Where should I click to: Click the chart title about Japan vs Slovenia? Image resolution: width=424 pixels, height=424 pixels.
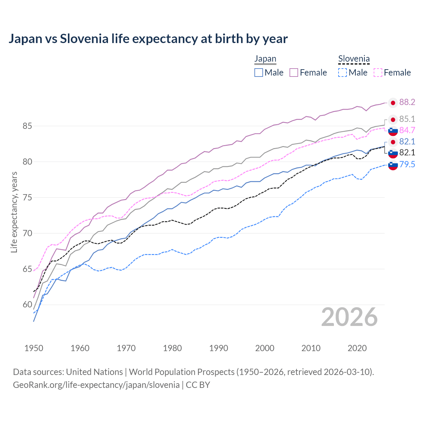pyautogui.click(x=148, y=39)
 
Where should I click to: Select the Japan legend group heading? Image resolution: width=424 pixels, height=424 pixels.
pyautogui.click(x=265, y=59)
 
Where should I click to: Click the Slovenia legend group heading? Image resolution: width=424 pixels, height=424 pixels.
pyautogui.click(x=354, y=59)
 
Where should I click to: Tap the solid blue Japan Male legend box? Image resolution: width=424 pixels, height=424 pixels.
pyautogui.click(x=259, y=73)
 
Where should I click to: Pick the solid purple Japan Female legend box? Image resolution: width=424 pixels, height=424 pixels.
pyautogui.click(x=294, y=73)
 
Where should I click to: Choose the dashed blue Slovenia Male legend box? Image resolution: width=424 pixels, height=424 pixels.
pyautogui.click(x=343, y=73)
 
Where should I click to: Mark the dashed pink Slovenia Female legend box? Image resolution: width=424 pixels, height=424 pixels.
pyautogui.click(x=378, y=73)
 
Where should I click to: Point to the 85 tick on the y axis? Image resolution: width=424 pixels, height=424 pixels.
pyautogui.click(x=27, y=126)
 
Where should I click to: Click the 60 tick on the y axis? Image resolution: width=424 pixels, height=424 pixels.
pyautogui.click(x=27, y=305)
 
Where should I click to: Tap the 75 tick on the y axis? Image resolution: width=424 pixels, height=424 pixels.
pyautogui.click(x=27, y=198)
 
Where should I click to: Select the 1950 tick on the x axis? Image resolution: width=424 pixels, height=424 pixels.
pyautogui.click(x=34, y=348)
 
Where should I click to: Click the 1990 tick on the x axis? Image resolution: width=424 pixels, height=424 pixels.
pyautogui.click(x=219, y=348)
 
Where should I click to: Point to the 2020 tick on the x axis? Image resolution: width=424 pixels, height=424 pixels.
pyautogui.click(x=357, y=348)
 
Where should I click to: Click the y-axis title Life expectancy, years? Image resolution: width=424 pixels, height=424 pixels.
pyautogui.click(x=14, y=212)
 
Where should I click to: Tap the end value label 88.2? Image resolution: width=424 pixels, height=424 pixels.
pyautogui.click(x=407, y=102)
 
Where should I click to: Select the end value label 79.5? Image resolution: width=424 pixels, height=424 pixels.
pyautogui.click(x=407, y=164)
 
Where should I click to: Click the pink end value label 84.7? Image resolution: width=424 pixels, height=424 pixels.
pyautogui.click(x=407, y=130)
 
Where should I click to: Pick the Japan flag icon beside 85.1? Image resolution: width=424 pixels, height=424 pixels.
pyautogui.click(x=393, y=120)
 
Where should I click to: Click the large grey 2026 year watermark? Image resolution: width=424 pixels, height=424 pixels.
pyautogui.click(x=349, y=317)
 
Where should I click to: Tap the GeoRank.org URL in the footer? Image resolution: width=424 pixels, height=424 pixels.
pyautogui.click(x=96, y=385)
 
